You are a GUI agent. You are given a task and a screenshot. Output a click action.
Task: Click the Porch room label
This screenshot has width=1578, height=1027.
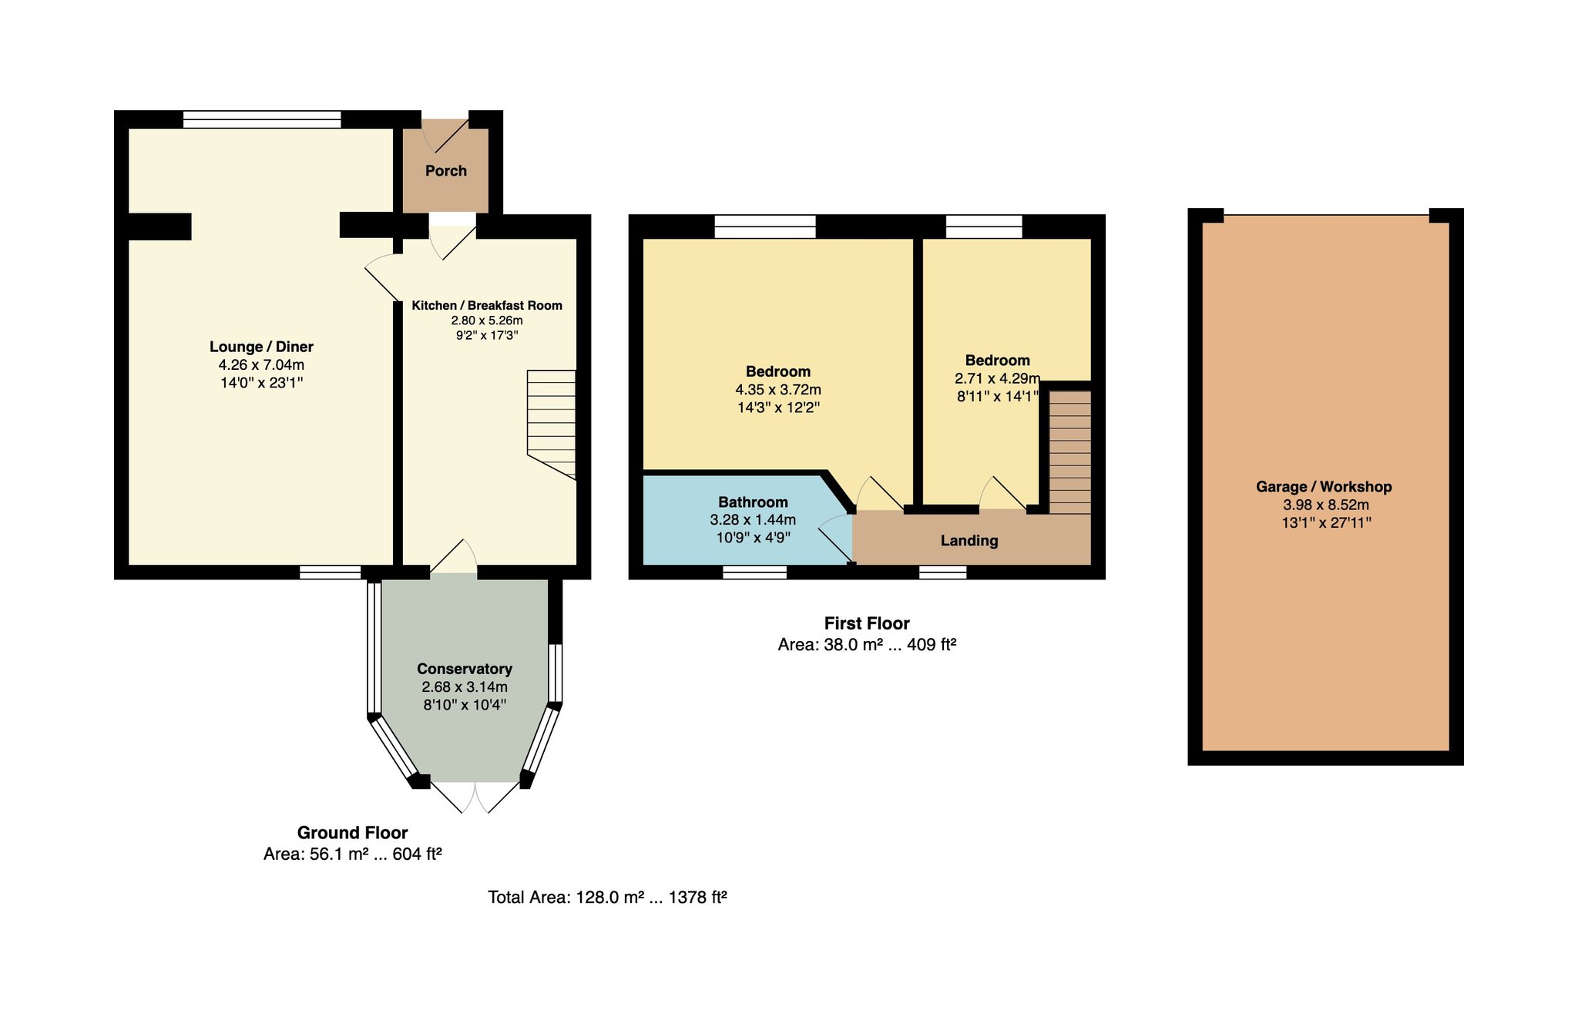(446, 171)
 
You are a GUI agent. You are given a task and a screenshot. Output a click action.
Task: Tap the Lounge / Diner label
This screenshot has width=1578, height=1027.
(262, 347)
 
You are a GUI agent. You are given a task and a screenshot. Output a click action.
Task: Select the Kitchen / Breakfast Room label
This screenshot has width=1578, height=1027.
(487, 305)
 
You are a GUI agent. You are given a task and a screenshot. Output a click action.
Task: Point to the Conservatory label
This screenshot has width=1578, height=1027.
(465, 669)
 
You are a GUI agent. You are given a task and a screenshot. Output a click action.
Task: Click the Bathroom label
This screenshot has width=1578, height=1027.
(754, 502)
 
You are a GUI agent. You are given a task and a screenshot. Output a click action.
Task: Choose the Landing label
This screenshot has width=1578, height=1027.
(969, 541)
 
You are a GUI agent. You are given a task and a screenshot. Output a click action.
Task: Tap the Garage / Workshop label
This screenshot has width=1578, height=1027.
(1325, 487)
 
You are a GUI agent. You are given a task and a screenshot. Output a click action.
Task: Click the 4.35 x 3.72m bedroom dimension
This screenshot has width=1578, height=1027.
(778, 390)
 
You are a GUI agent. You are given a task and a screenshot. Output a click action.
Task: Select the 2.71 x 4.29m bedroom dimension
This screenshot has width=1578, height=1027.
(998, 378)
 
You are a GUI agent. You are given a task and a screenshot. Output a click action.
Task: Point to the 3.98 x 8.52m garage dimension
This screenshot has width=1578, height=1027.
(1326, 505)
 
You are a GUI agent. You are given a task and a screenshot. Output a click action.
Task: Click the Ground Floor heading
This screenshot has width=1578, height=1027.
(353, 833)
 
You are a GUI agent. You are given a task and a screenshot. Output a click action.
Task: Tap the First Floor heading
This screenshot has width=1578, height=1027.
(867, 623)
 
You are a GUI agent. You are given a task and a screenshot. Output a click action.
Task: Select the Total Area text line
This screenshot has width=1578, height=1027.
(608, 897)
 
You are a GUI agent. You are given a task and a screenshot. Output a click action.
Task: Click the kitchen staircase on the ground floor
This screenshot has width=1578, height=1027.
(552, 425)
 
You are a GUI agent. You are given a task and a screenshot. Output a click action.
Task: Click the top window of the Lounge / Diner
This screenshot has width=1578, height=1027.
(262, 119)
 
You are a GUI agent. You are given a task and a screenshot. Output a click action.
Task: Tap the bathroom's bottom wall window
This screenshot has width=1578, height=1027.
(755, 572)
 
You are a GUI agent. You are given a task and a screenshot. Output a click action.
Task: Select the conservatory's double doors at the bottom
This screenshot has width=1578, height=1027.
(475, 797)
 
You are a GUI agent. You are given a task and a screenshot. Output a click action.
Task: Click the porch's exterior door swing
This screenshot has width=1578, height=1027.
(445, 134)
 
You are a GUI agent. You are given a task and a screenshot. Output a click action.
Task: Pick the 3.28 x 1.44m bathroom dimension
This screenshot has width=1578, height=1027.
(753, 520)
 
